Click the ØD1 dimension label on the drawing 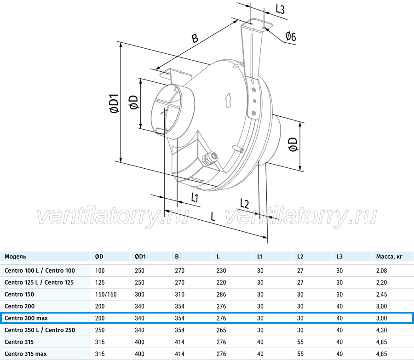tap(115, 103)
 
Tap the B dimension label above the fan tap(195, 38)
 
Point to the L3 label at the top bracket tap(280, 9)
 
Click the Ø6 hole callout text tap(291, 36)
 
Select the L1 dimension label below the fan tap(195, 198)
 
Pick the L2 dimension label tap(245, 204)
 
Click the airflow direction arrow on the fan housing tap(228, 100)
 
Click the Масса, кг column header tap(389, 257)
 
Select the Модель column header tap(15, 257)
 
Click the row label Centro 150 tap(19, 294)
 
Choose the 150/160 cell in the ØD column tap(106, 294)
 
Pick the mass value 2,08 tap(381, 270)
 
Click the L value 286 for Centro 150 tap(221, 294)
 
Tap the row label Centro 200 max tap(26, 318)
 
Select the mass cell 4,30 tap(381, 330)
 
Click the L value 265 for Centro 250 tap(221, 330)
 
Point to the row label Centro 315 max tap(26, 354)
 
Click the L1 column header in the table tap(260, 257)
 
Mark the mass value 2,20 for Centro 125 tap(381, 282)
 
